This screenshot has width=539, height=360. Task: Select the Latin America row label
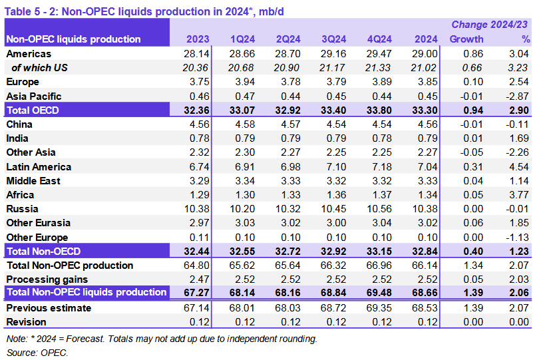click(x=39, y=167)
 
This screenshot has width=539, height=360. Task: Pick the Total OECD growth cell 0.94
click(x=470, y=110)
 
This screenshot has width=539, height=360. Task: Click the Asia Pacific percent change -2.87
click(x=516, y=96)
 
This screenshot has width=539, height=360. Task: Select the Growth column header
click(x=466, y=39)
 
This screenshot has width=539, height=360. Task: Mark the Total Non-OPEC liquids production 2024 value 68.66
click(x=424, y=293)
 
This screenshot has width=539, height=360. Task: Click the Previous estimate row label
click(x=49, y=308)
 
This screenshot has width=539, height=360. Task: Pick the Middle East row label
click(x=33, y=181)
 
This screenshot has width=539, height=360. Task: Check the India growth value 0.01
click(x=473, y=138)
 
